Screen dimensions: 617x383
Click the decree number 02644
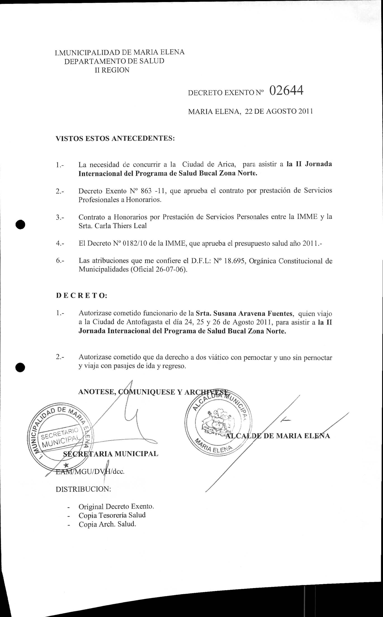coord(286,90)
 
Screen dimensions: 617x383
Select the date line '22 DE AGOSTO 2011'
coord(279,112)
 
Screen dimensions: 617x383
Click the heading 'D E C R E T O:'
coord(82,296)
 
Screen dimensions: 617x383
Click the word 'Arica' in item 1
coord(226,164)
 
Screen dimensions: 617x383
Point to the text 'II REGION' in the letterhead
coord(112,70)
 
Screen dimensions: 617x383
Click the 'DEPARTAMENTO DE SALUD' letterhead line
coord(114,61)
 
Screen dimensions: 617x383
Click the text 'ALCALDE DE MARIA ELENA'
coord(278,436)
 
